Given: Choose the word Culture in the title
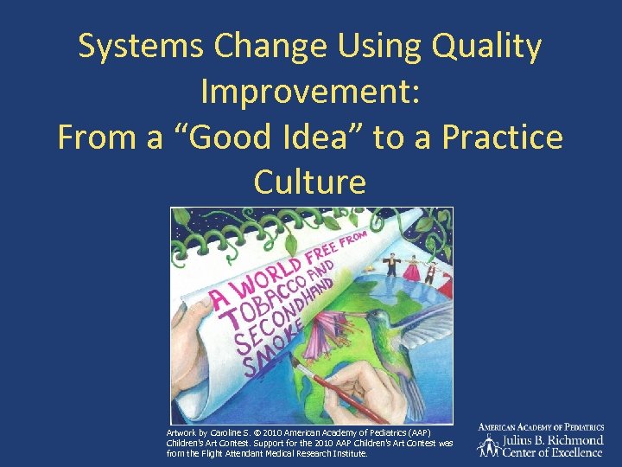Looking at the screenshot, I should tap(310, 182).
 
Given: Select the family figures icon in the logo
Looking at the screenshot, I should tap(490, 445).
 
